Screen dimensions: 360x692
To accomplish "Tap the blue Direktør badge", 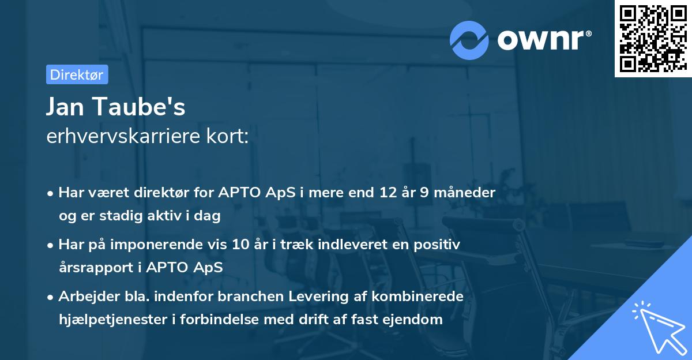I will coord(77,74).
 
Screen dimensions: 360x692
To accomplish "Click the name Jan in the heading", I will coord(65,107).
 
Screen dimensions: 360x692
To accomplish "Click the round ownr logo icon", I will coord(469,39).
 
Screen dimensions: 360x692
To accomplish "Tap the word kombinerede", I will coord(425,297).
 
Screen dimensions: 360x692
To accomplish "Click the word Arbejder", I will coord(85,297).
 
